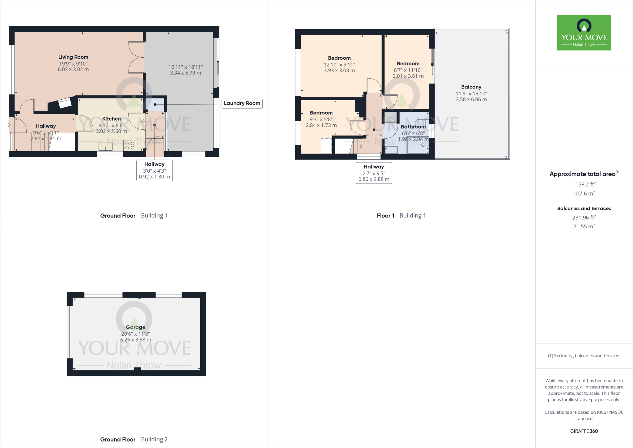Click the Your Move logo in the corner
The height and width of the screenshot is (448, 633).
[584, 32]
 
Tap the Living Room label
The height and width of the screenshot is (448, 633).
[73, 57]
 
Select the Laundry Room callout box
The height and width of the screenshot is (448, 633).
[242, 103]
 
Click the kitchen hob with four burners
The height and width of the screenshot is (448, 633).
[130, 146]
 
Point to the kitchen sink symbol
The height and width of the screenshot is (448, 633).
[105, 146]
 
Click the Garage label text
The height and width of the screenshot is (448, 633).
[135, 327]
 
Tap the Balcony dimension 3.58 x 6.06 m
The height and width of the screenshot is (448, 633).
[471, 100]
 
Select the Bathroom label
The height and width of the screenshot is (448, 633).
[413, 127]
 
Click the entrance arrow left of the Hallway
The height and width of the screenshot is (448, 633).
[8, 125]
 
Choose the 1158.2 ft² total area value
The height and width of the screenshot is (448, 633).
[584, 184]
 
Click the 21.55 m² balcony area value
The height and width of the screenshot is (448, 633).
[584, 226]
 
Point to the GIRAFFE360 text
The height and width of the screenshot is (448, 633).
[584, 431]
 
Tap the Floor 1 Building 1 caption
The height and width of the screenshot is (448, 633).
[401, 216]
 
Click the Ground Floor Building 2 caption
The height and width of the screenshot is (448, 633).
[134, 439]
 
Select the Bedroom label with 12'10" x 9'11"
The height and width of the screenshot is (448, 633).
[339, 58]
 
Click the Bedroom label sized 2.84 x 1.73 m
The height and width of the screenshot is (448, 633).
[321, 113]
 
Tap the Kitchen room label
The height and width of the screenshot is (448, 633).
[111, 119]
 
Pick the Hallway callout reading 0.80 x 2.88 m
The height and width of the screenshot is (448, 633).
[374, 173]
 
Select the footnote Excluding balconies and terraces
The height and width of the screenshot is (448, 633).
[584, 356]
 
